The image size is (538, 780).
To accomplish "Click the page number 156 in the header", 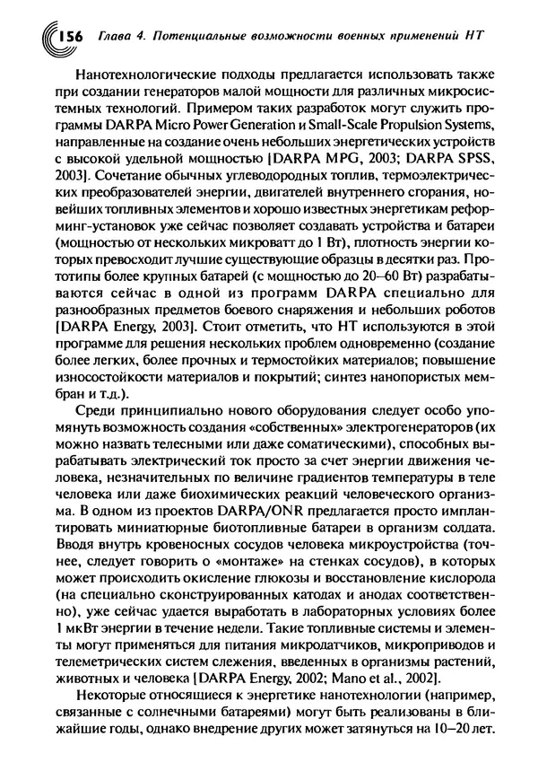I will click(x=69, y=36).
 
